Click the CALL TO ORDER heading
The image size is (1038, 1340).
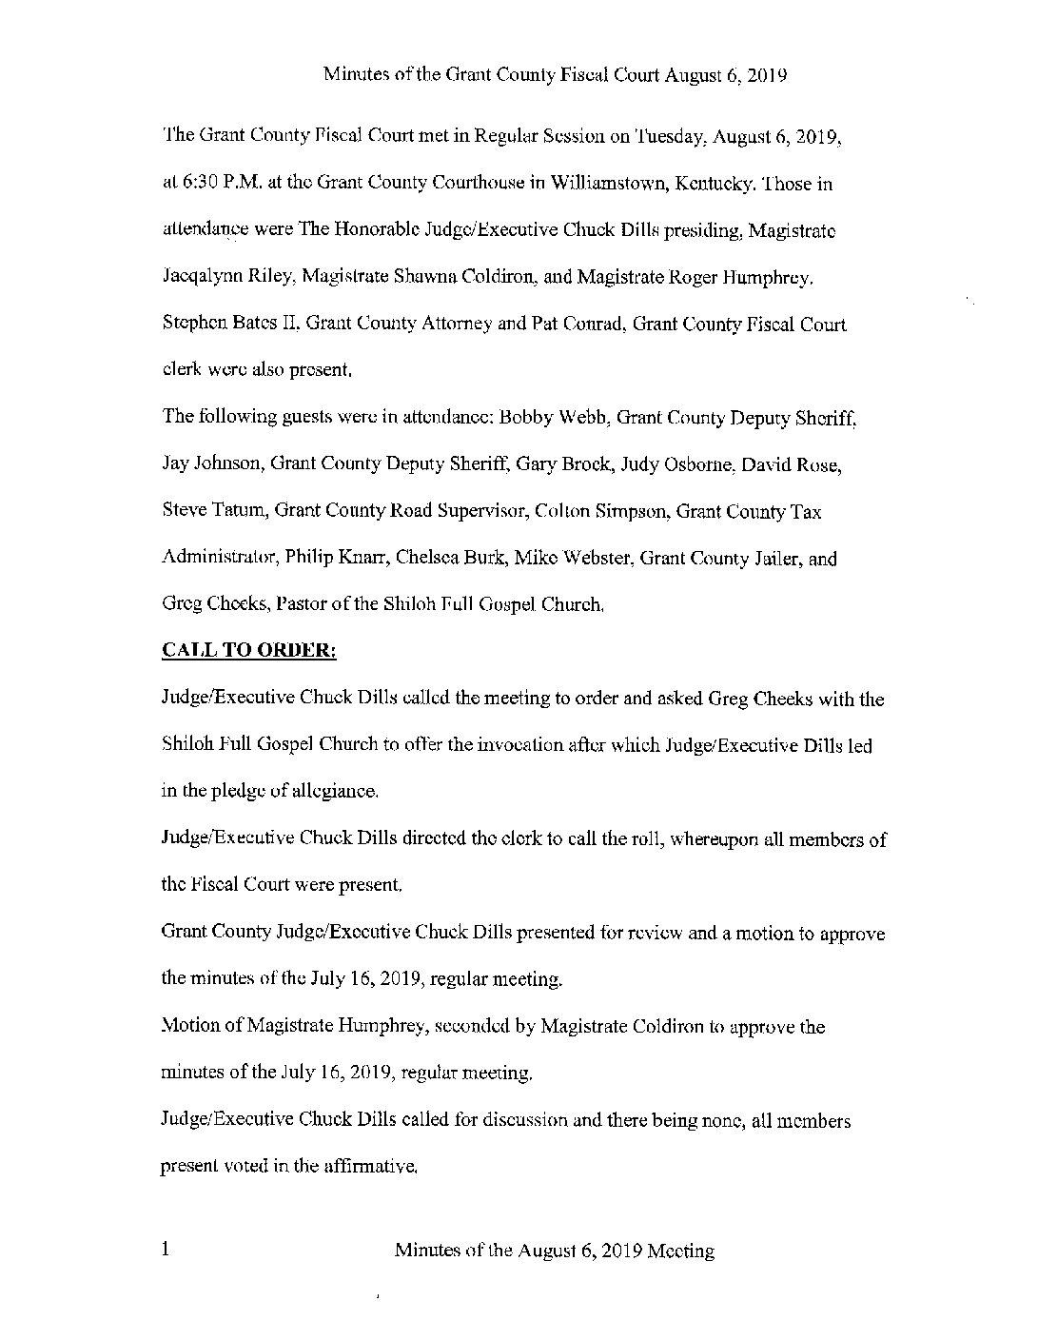tap(250, 651)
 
